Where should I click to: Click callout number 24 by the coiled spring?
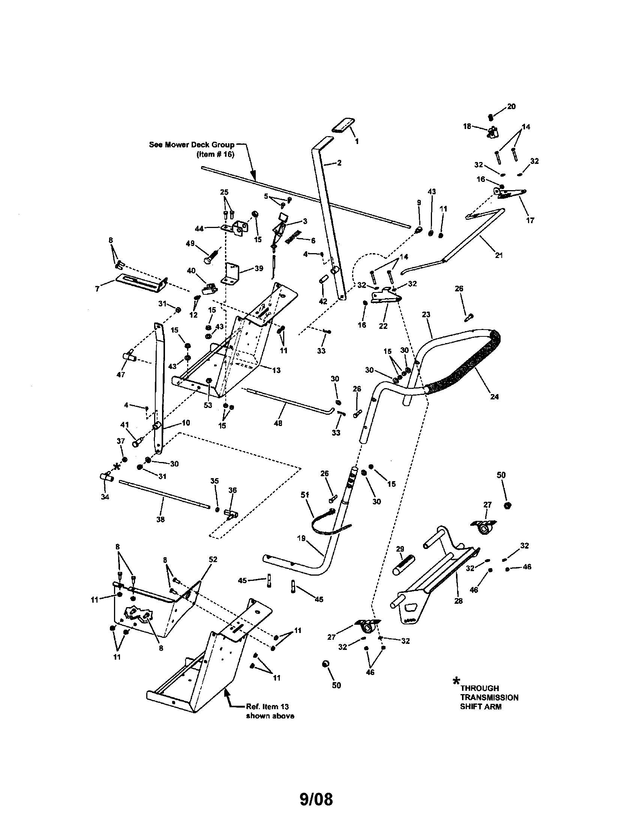coord(494,397)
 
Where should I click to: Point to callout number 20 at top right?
coord(511,106)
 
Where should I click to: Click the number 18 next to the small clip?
coord(467,126)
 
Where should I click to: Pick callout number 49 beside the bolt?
coord(190,244)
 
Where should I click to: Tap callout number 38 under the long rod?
coord(160,519)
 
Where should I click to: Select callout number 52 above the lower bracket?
coord(213,559)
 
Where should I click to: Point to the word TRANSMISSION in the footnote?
coord(489,697)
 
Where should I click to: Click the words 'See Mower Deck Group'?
coord(192,145)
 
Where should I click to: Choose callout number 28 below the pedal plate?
coord(459,601)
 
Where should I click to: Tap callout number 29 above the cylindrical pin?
coord(400,549)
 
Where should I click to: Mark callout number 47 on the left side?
coord(121,374)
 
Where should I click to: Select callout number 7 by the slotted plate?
coord(97,289)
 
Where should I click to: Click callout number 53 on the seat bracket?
coord(208,405)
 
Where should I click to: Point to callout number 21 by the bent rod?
coord(499,255)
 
